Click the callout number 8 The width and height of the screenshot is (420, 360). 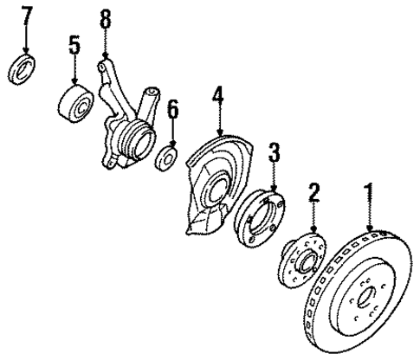tap(107, 17)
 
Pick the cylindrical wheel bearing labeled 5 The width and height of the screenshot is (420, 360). tap(77, 102)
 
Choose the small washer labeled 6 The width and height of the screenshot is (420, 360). tap(166, 159)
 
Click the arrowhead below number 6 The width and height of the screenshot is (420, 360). tap(172, 145)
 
